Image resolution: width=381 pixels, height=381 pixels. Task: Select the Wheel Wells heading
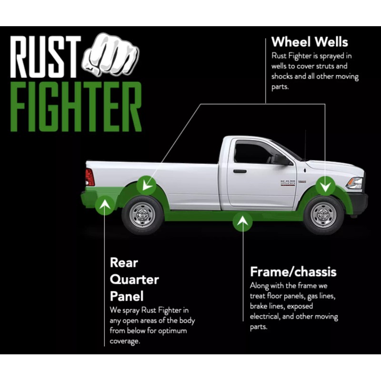click(x=310, y=41)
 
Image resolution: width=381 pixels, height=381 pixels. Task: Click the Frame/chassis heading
click(x=293, y=272)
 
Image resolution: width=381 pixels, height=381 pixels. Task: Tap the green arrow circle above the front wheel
click(x=326, y=183)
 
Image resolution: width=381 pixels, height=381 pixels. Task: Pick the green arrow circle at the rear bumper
click(x=105, y=205)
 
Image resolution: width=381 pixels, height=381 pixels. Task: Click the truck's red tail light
click(x=90, y=177)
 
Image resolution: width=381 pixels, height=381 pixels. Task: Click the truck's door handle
click(x=240, y=171)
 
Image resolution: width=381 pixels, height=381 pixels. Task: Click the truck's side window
click(x=252, y=154)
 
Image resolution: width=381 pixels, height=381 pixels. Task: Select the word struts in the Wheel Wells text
click(x=325, y=66)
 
